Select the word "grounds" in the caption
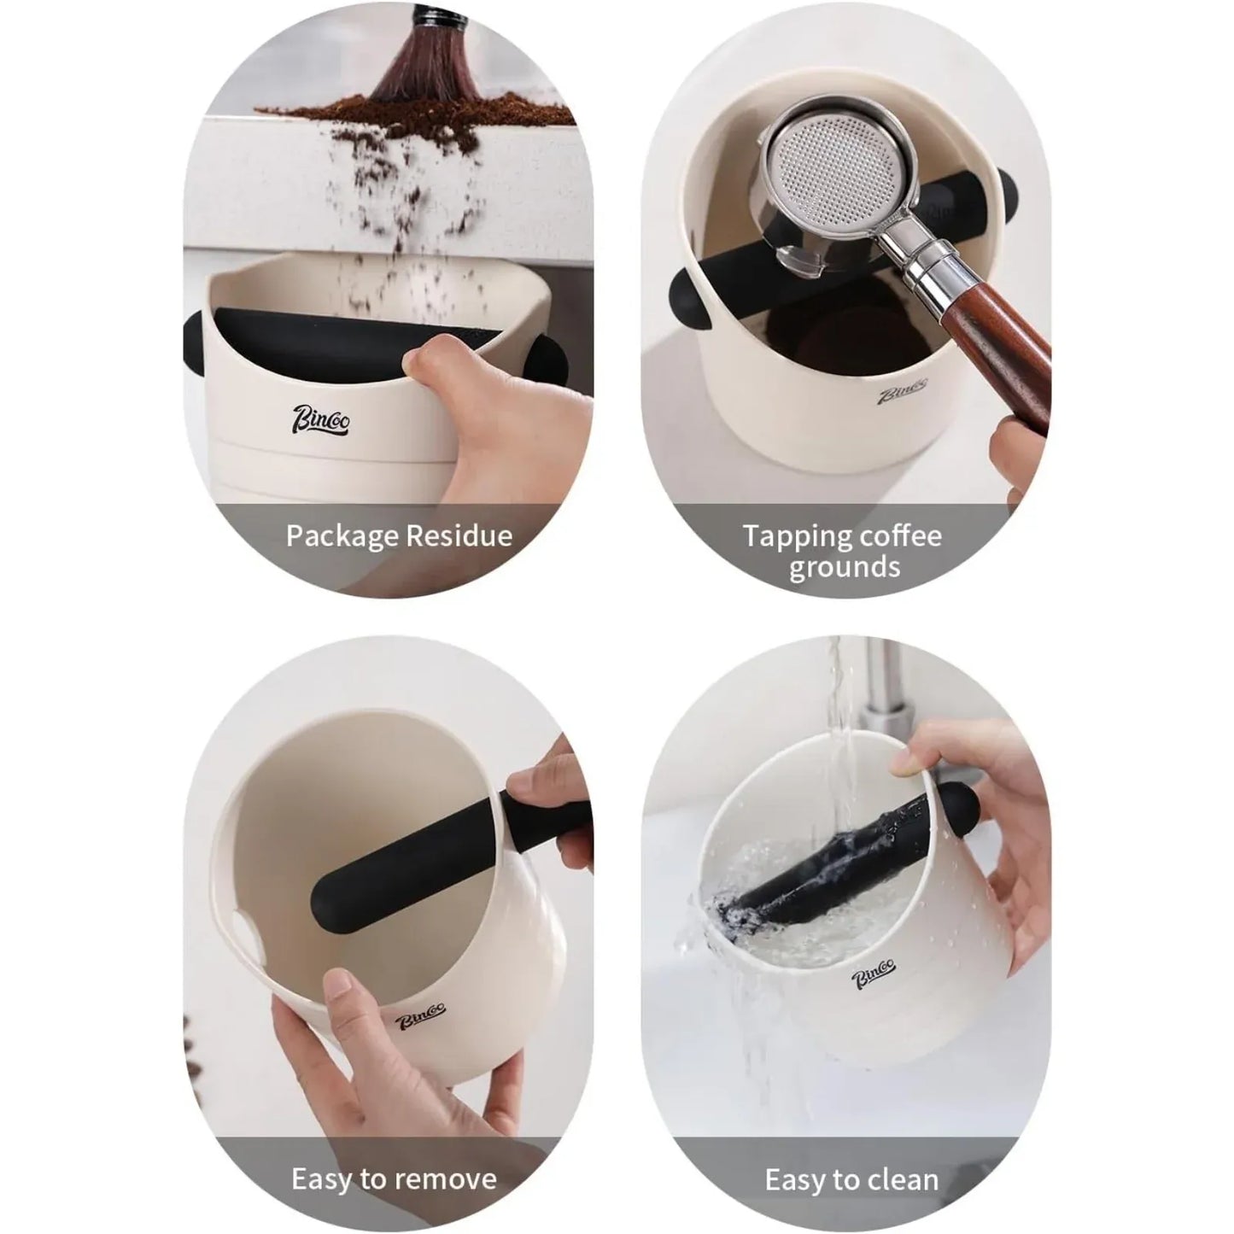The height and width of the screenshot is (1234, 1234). pos(844,567)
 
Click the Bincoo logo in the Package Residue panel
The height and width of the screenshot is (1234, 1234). pos(320,419)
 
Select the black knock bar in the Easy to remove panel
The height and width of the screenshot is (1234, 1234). pos(444,863)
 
